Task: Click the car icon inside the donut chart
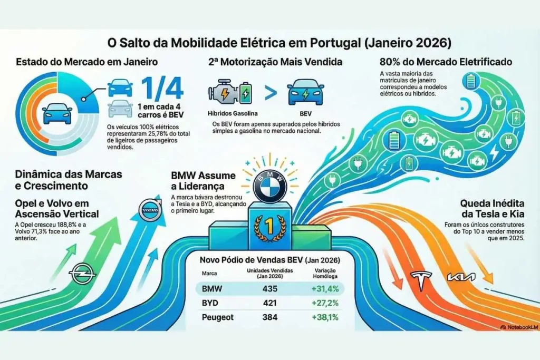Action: click(x=57, y=114)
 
